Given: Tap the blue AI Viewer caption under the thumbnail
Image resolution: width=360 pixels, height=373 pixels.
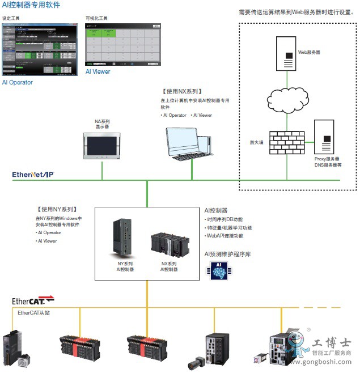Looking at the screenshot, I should point(98,72).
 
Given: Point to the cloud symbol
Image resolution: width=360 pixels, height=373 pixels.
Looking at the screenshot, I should point(288,100).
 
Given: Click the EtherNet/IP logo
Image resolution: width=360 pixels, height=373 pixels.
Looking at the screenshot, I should point(33,175).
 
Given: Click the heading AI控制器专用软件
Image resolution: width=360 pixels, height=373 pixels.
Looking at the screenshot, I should point(31,5).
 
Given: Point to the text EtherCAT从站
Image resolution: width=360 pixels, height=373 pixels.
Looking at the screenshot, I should point(33,312).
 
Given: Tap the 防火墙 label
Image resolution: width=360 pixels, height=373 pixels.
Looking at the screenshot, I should point(257,143).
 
